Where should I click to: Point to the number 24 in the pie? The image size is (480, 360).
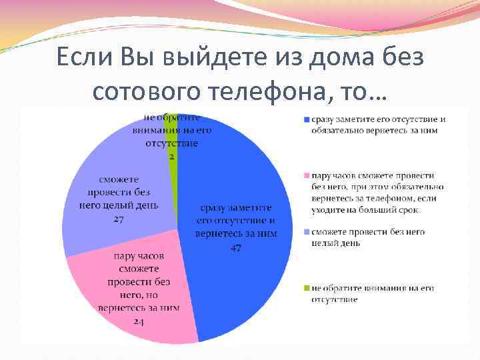pyautogui.click(x=139, y=321)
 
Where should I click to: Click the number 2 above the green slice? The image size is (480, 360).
pyautogui.click(x=171, y=156)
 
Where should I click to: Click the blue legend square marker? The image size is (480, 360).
pyautogui.click(x=306, y=120)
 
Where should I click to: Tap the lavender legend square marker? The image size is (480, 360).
pyautogui.click(x=306, y=232)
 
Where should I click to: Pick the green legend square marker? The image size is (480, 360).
pyautogui.click(x=306, y=288)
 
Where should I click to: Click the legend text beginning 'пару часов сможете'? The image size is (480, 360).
pyautogui.click(x=377, y=192)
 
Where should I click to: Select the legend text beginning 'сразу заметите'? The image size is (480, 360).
pyautogui.click(x=377, y=125)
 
